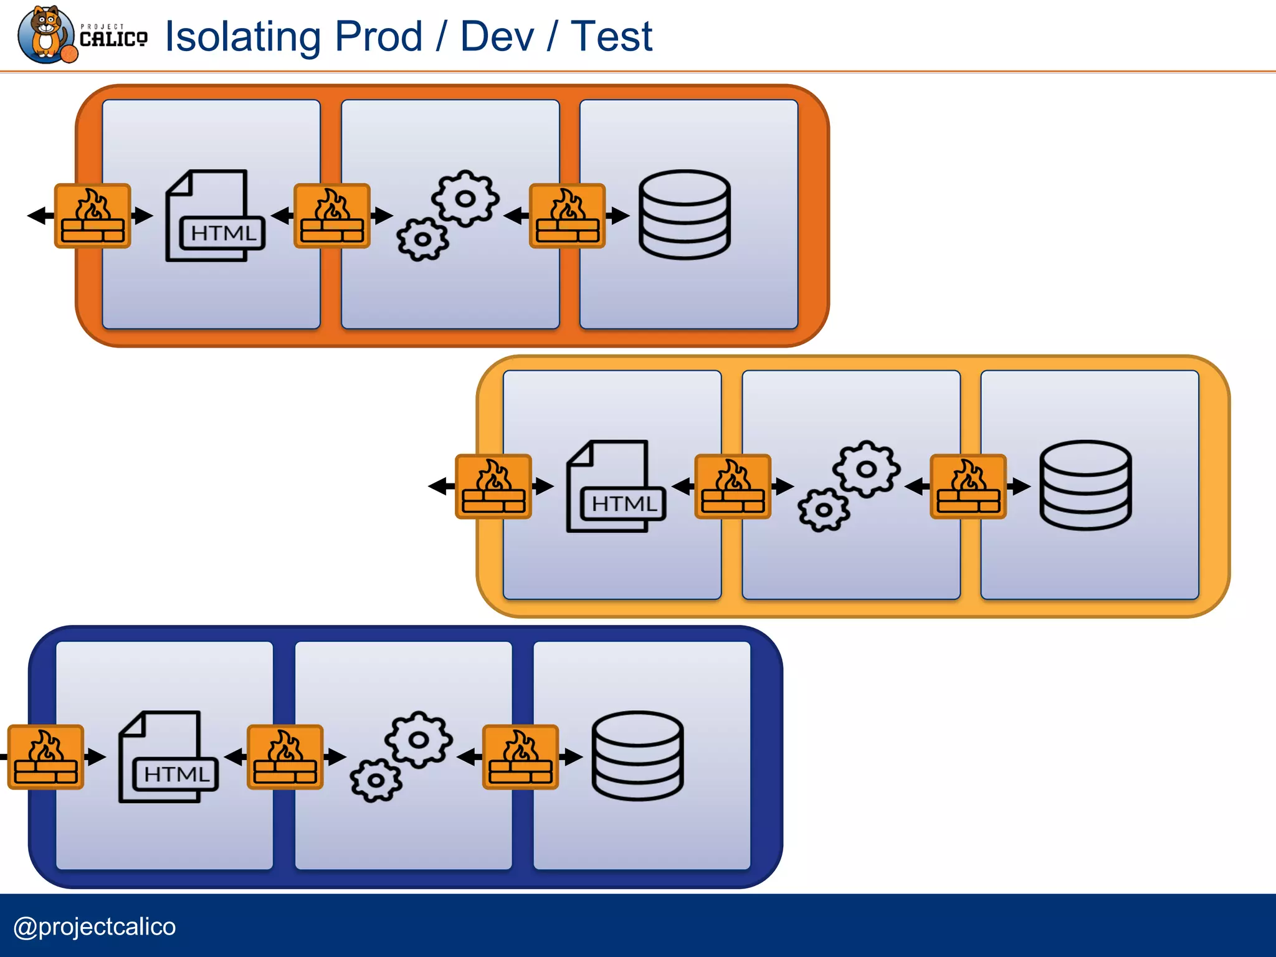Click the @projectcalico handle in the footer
[95, 926]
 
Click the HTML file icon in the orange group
[213, 216]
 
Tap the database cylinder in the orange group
[684, 214]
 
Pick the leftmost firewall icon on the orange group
[93, 216]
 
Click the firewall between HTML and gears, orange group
[331, 216]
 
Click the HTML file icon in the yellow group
[614, 487]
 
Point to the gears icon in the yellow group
[849, 486]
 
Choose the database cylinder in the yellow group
[1085, 485]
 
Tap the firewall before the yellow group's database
[968, 487]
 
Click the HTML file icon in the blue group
[167, 757]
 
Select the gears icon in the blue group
[401, 756]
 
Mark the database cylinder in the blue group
[637, 756]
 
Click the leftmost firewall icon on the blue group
[45, 757]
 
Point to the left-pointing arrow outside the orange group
[39, 216]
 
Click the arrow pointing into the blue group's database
[572, 757]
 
